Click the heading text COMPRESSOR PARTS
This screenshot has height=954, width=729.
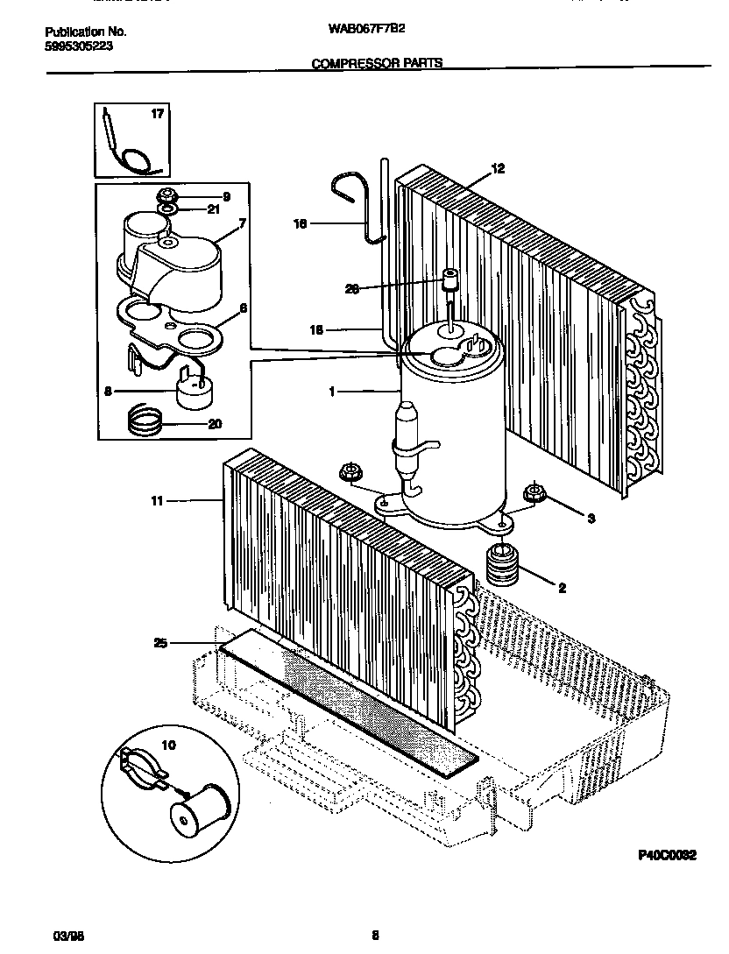coord(377,63)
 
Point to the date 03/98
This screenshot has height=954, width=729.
coord(55,936)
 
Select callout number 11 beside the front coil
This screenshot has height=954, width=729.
coord(158,501)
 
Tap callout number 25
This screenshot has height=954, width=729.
coord(159,644)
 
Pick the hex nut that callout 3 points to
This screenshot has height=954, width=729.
coord(532,492)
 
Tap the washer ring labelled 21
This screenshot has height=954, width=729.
coord(166,208)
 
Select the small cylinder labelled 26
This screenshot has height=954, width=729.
coord(450,279)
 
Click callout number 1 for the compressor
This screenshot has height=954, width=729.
coord(332,392)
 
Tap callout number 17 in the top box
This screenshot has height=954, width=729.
coord(158,114)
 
